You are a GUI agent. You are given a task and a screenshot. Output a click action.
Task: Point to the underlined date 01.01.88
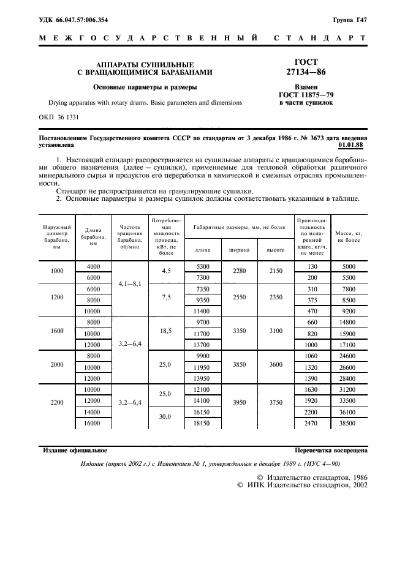pyautogui.click(x=350, y=146)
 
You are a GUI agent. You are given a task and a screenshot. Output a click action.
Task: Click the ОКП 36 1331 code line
pyautogui.click(x=59, y=116)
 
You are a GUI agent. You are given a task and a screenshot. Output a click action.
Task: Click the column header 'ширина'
pyautogui.click(x=239, y=250)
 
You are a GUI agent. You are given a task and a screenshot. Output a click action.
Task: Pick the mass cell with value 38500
pyautogui.click(x=348, y=423)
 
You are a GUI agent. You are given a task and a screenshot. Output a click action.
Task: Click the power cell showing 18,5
pyautogui.click(x=166, y=331)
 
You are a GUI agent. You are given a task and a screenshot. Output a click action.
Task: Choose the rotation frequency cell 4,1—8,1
pyautogui.click(x=129, y=283)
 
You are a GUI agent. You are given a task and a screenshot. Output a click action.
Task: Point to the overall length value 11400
pyautogui.click(x=202, y=311)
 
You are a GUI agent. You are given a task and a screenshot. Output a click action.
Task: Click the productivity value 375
pyautogui.click(x=312, y=300)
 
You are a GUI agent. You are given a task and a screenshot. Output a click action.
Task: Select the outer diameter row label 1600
pyautogui.click(x=57, y=331)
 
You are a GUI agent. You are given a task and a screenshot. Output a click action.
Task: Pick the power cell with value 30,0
pyautogui.click(x=166, y=418)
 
